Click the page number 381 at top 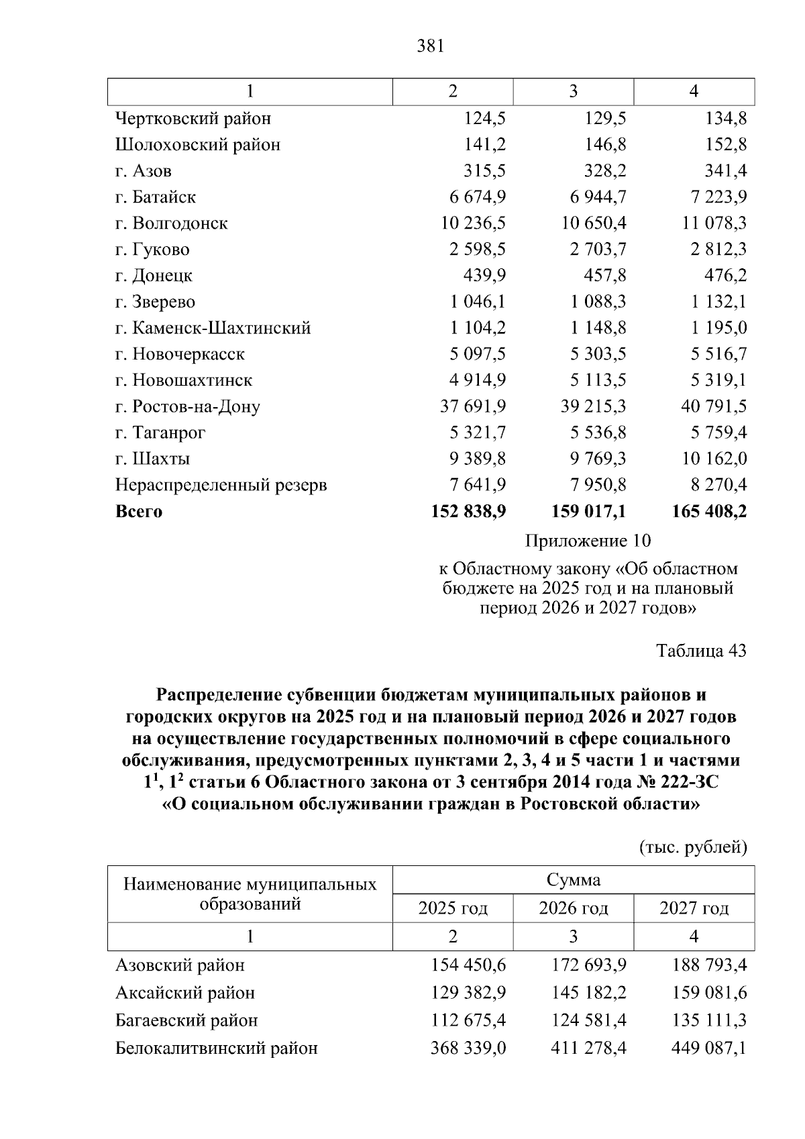coord(430,46)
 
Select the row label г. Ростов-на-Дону coord(187,406)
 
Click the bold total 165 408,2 coord(709,512)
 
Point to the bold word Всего coord(139,512)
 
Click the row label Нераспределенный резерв coord(221,485)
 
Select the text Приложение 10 coord(588,541)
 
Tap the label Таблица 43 coord(701,651)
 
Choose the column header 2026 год coord(574,909)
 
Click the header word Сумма coord(574,880)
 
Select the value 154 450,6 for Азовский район coord(468,966)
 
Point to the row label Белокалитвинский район coord(217,1048)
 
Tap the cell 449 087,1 coord(709,1048)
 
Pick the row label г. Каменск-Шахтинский coord(213,328)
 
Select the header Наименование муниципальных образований coord(250,894)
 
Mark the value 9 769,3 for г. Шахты coord(598,459)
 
